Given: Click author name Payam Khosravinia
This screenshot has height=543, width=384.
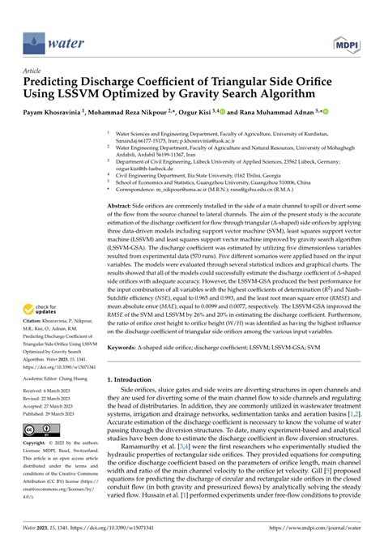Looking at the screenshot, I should click(56, 113).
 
